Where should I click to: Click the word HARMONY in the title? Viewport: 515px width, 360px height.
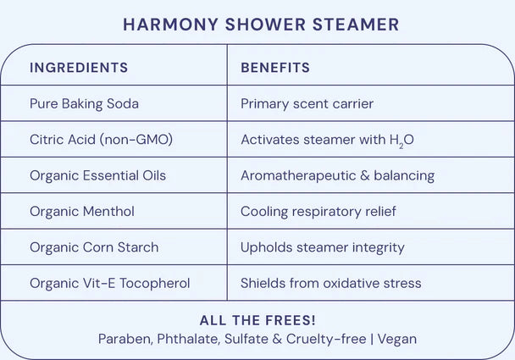[171, 25]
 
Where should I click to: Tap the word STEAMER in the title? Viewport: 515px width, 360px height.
[356, 25]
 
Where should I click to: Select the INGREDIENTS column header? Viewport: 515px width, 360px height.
[79, 68]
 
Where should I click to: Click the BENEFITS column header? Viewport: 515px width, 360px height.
[275, 68]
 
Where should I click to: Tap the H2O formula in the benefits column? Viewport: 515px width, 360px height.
[401, 141]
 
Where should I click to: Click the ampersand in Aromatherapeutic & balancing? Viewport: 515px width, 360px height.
[365, 175]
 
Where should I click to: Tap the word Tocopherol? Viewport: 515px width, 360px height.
[155, 283]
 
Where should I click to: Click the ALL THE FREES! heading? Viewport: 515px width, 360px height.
[257, 320]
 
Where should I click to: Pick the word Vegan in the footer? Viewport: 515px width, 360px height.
[397, 339]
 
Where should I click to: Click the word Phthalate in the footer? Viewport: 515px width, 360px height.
[189, 339]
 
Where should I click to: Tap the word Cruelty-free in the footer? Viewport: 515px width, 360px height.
[326, 339]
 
